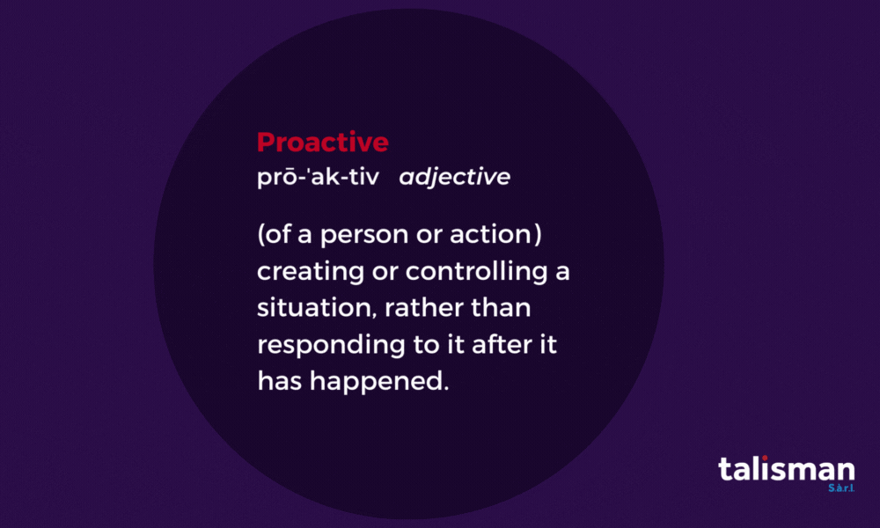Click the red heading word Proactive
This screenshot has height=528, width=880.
click(x=322, y=142)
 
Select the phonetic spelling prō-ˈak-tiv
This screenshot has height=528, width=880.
click(x=317, y=177)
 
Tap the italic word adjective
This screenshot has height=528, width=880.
click(x=454, y=178)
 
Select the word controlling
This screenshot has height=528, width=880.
click(x=476, y=272)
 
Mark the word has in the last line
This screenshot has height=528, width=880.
click(x=276, y=381)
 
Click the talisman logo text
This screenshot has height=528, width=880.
click(x=785, y=469)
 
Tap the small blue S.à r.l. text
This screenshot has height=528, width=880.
click(x=841, y=487)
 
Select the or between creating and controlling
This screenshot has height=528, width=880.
click(x=383, y=273)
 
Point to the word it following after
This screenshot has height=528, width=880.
click(x=547, y=345)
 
